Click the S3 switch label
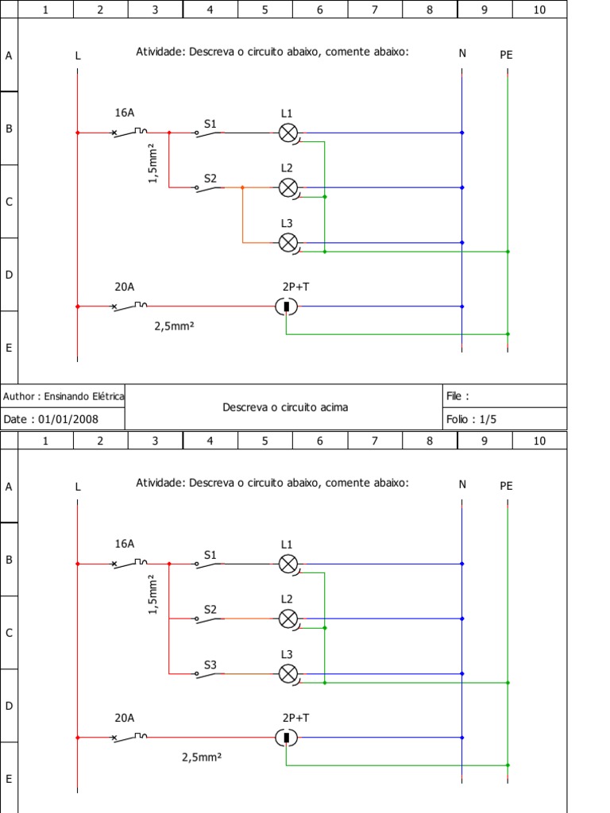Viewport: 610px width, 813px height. [x=210, y=665]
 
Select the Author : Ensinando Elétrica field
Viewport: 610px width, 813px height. [x=63, y=395]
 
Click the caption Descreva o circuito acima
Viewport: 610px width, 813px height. [x=285, y=407]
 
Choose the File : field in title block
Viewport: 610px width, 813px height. [x=457, y=395]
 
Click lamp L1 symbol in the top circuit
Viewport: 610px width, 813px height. [x=288, y=133]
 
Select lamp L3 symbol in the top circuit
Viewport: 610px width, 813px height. [x=288, y=242]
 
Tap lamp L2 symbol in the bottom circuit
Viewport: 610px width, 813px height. [x=288, y=618]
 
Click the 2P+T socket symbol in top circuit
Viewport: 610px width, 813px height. [x=286, y=306]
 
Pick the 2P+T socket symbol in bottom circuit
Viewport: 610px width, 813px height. [x=286, y=738]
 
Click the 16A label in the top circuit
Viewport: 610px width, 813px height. [x=125, y=113]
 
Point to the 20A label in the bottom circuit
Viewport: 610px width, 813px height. [x=125, y=718]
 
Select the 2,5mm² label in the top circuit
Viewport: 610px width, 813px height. [x=175, y=325]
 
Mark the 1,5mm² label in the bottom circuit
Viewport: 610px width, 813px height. [x=154, y=595]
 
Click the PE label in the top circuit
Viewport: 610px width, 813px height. [x=507, y=55]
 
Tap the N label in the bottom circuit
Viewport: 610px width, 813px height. [x=462, y=484]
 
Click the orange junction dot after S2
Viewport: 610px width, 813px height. [x=242, y=188]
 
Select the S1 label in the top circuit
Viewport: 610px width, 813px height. [x=210, y=124]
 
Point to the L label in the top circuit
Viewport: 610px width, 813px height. [x=78, y=56]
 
